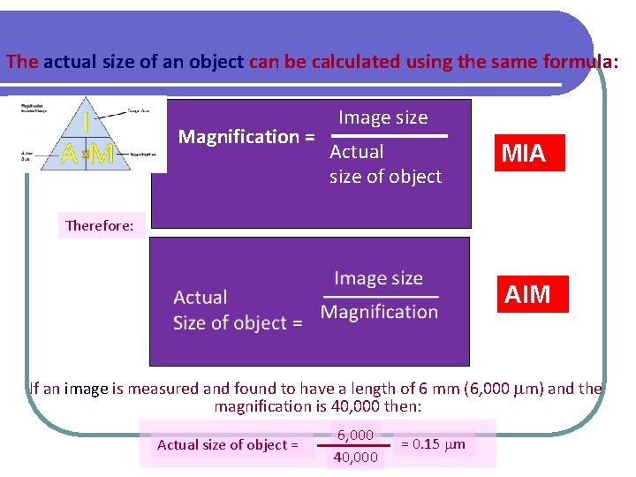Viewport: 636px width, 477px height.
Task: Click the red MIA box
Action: click(x=528, y=153)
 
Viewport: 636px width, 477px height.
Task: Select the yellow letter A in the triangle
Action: click(x=70, y=155)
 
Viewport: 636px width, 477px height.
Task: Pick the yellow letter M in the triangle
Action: click(x=102, y=155)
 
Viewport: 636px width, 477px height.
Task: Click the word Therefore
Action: click(x=100, y=225)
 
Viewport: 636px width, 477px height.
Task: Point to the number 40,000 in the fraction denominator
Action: click(x=356, y=457)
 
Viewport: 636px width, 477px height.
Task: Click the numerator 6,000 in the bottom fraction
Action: click(x=354, y=435)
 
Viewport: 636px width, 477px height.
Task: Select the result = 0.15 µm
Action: click(x=433, y=443)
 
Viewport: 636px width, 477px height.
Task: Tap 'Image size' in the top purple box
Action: click(x=382, y=117)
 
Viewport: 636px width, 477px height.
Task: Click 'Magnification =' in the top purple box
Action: click(x=246, y=137)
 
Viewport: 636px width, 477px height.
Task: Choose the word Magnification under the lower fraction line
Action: click(x=379, y=312)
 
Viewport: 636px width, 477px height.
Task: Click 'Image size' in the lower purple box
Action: click(x=378, y=279)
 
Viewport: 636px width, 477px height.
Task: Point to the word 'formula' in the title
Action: click(x=580, y=63)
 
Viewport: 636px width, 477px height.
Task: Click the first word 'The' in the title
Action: click(x=22, y=63)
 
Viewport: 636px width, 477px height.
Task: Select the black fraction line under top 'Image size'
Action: click(x=390, y=136)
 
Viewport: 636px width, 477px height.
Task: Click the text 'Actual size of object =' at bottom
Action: click(x=227, y=444)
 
